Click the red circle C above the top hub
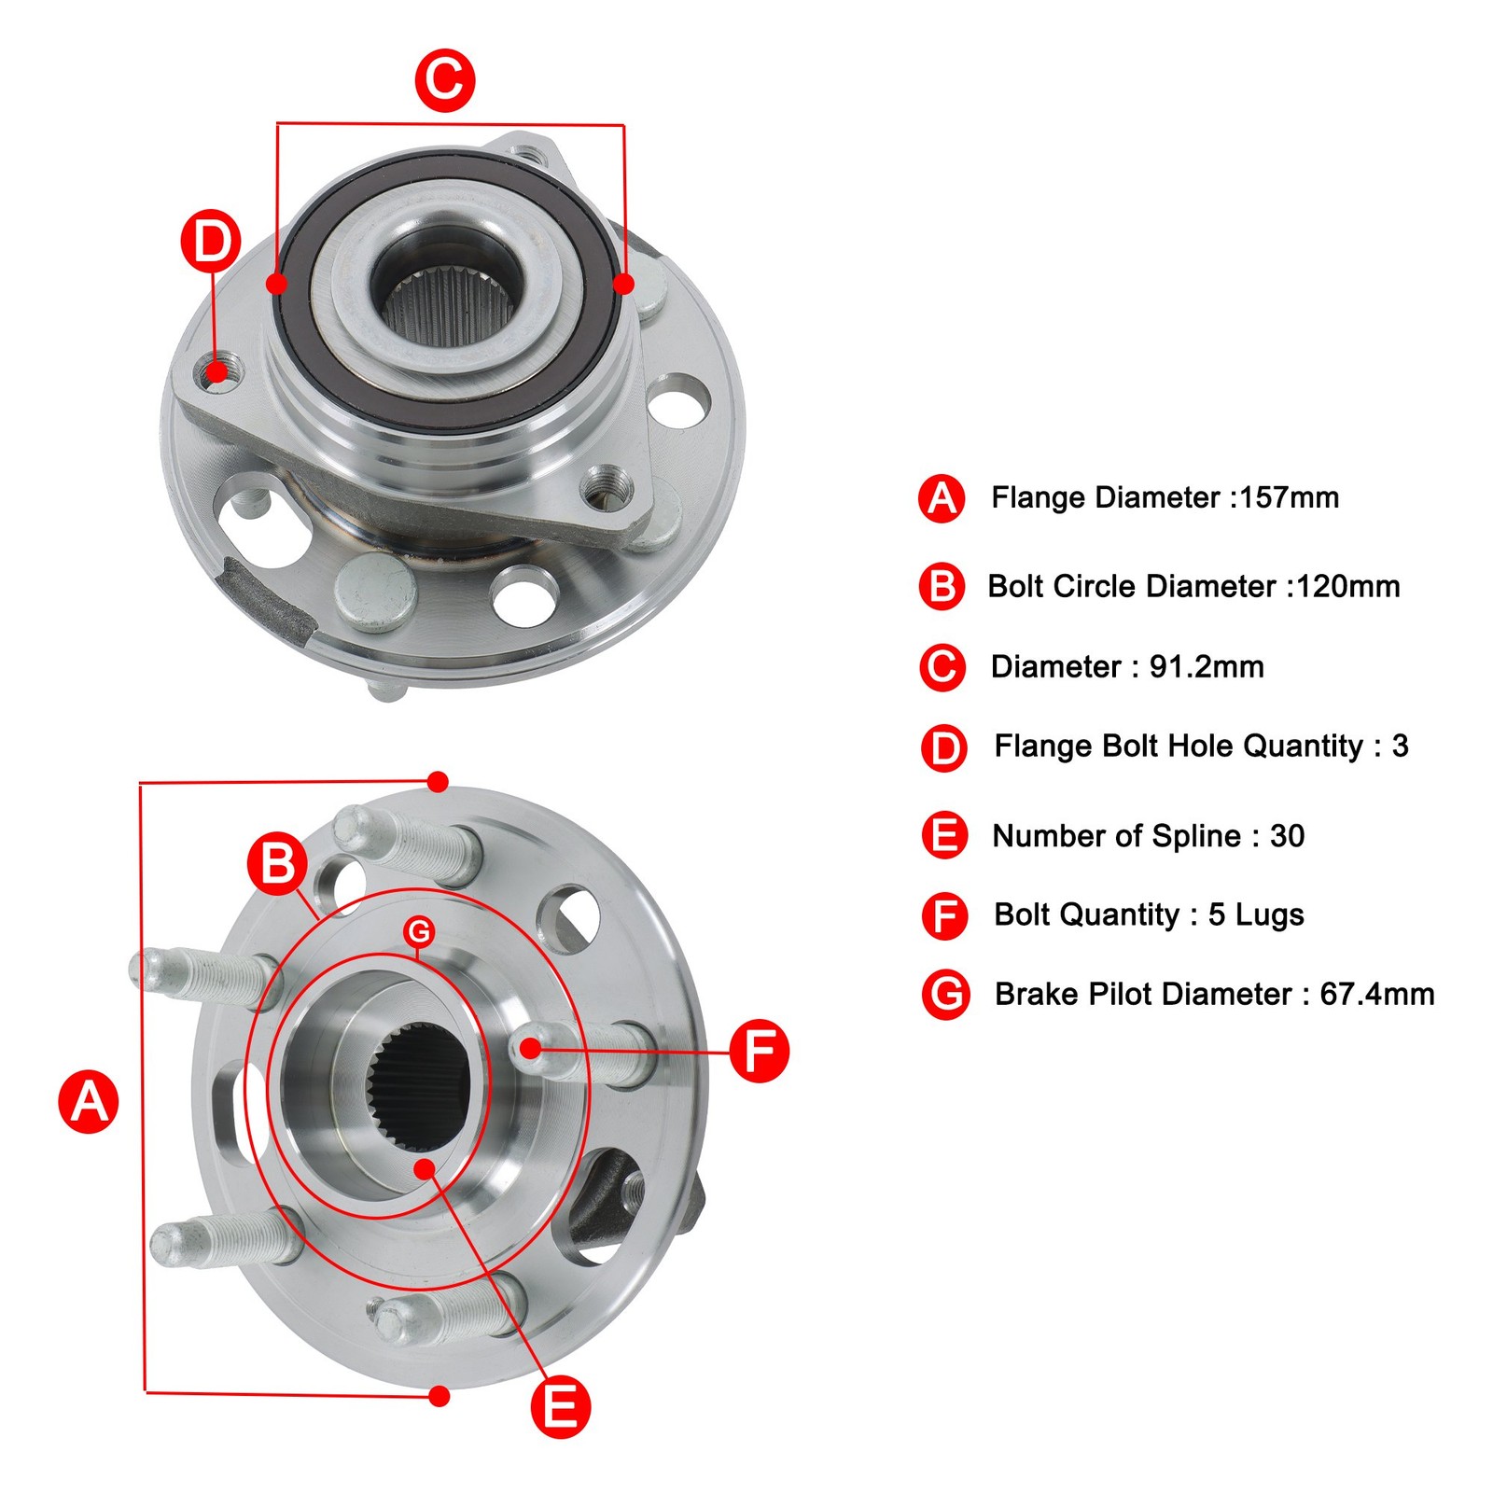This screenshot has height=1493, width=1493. click(445, 80)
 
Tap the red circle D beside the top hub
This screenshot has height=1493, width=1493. click(211, 241)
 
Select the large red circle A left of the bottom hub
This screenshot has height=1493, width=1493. click(89, 1101)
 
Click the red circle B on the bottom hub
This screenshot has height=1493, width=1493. click(277, 863)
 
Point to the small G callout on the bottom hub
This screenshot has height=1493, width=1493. click(419, 930)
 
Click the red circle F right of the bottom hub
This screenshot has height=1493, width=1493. click(759, 1051)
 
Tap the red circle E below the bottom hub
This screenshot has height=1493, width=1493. click(560, 1406)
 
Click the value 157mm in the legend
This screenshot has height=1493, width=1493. click(1289, 497)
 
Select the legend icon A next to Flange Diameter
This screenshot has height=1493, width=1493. click(942, 498)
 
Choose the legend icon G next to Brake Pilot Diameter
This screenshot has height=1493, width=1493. click(945, 995)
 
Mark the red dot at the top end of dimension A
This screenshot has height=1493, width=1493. click(438, 781)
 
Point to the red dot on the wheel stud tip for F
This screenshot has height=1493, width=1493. click(530, 1048)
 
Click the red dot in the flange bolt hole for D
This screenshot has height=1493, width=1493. click(216, 373)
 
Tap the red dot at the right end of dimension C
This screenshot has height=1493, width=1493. click(624, 283)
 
